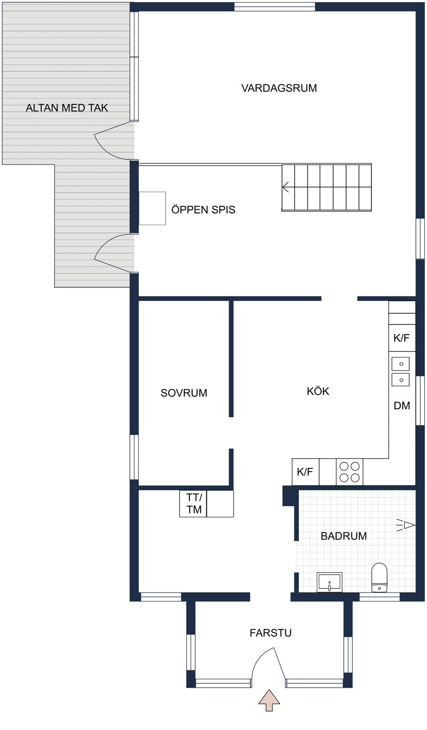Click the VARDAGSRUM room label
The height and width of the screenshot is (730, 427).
tap(279, 88)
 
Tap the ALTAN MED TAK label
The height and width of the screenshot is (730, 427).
tap(67, 108)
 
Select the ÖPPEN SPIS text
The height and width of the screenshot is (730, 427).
tap(203, 210)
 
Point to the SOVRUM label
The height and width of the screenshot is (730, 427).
tap(184, 393)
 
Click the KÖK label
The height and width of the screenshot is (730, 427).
tap(318, 391)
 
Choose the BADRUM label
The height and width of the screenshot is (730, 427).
tap(343, 536)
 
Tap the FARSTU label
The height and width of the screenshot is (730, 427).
tap(270, 633)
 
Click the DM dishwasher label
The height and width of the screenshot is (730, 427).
tap(402, 406)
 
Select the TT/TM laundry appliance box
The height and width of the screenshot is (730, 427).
tap(193, 504)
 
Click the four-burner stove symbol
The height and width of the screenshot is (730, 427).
tap(350, 472)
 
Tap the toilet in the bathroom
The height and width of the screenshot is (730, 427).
tap(379, 577)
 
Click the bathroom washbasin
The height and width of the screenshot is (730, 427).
tap(329, 582)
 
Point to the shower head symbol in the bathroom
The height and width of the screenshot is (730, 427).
tap(406, 525)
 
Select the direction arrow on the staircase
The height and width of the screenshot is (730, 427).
tap(286, 187)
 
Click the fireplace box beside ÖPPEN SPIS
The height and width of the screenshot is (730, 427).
tap(152, 208)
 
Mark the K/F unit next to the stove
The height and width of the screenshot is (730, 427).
tap(305, 472)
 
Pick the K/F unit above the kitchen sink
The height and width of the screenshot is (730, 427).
tap(402, 338)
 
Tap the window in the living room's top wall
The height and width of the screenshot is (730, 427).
tap(275, 7)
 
